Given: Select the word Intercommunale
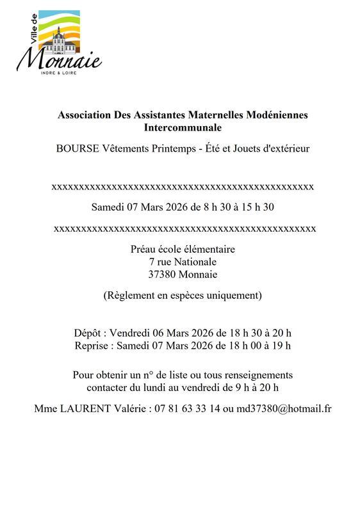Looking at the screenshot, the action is point(183,127).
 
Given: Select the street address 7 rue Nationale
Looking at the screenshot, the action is point(183,262).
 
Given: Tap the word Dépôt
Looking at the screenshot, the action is point(88,333).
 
